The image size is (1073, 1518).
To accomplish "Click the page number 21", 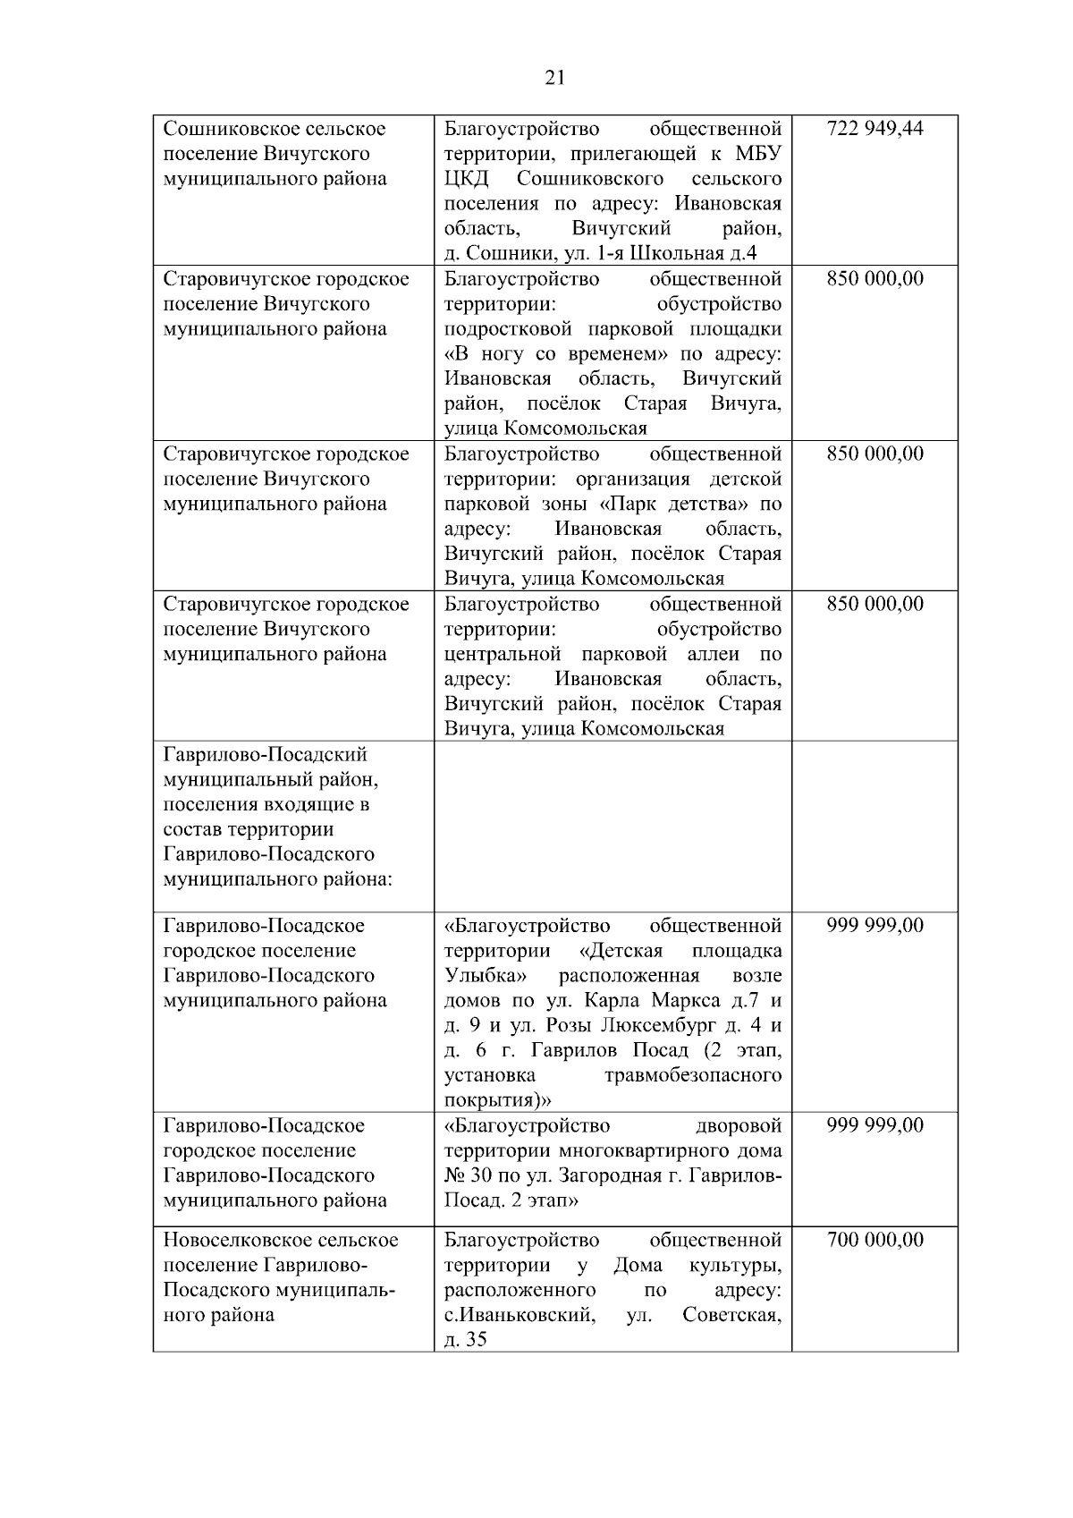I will click(x=554, y=78).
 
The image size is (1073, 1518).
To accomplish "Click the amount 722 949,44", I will click(x=874, y=129).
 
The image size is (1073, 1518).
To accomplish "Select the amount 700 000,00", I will click(x=874, y=1241).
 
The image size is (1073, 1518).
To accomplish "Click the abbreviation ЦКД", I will click(x=466, y=179).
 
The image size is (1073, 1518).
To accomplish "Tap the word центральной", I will click(x=503, y=654).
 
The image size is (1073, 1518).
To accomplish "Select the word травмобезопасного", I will click(x=692, y=1075).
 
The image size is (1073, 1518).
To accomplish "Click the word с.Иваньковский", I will click(x=519, y=1316).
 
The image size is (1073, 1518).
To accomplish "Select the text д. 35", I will click(x=465, y=1341).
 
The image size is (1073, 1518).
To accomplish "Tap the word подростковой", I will click(x=503, y=329).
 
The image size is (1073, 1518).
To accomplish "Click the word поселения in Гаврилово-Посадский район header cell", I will click(x=210, y=805).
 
